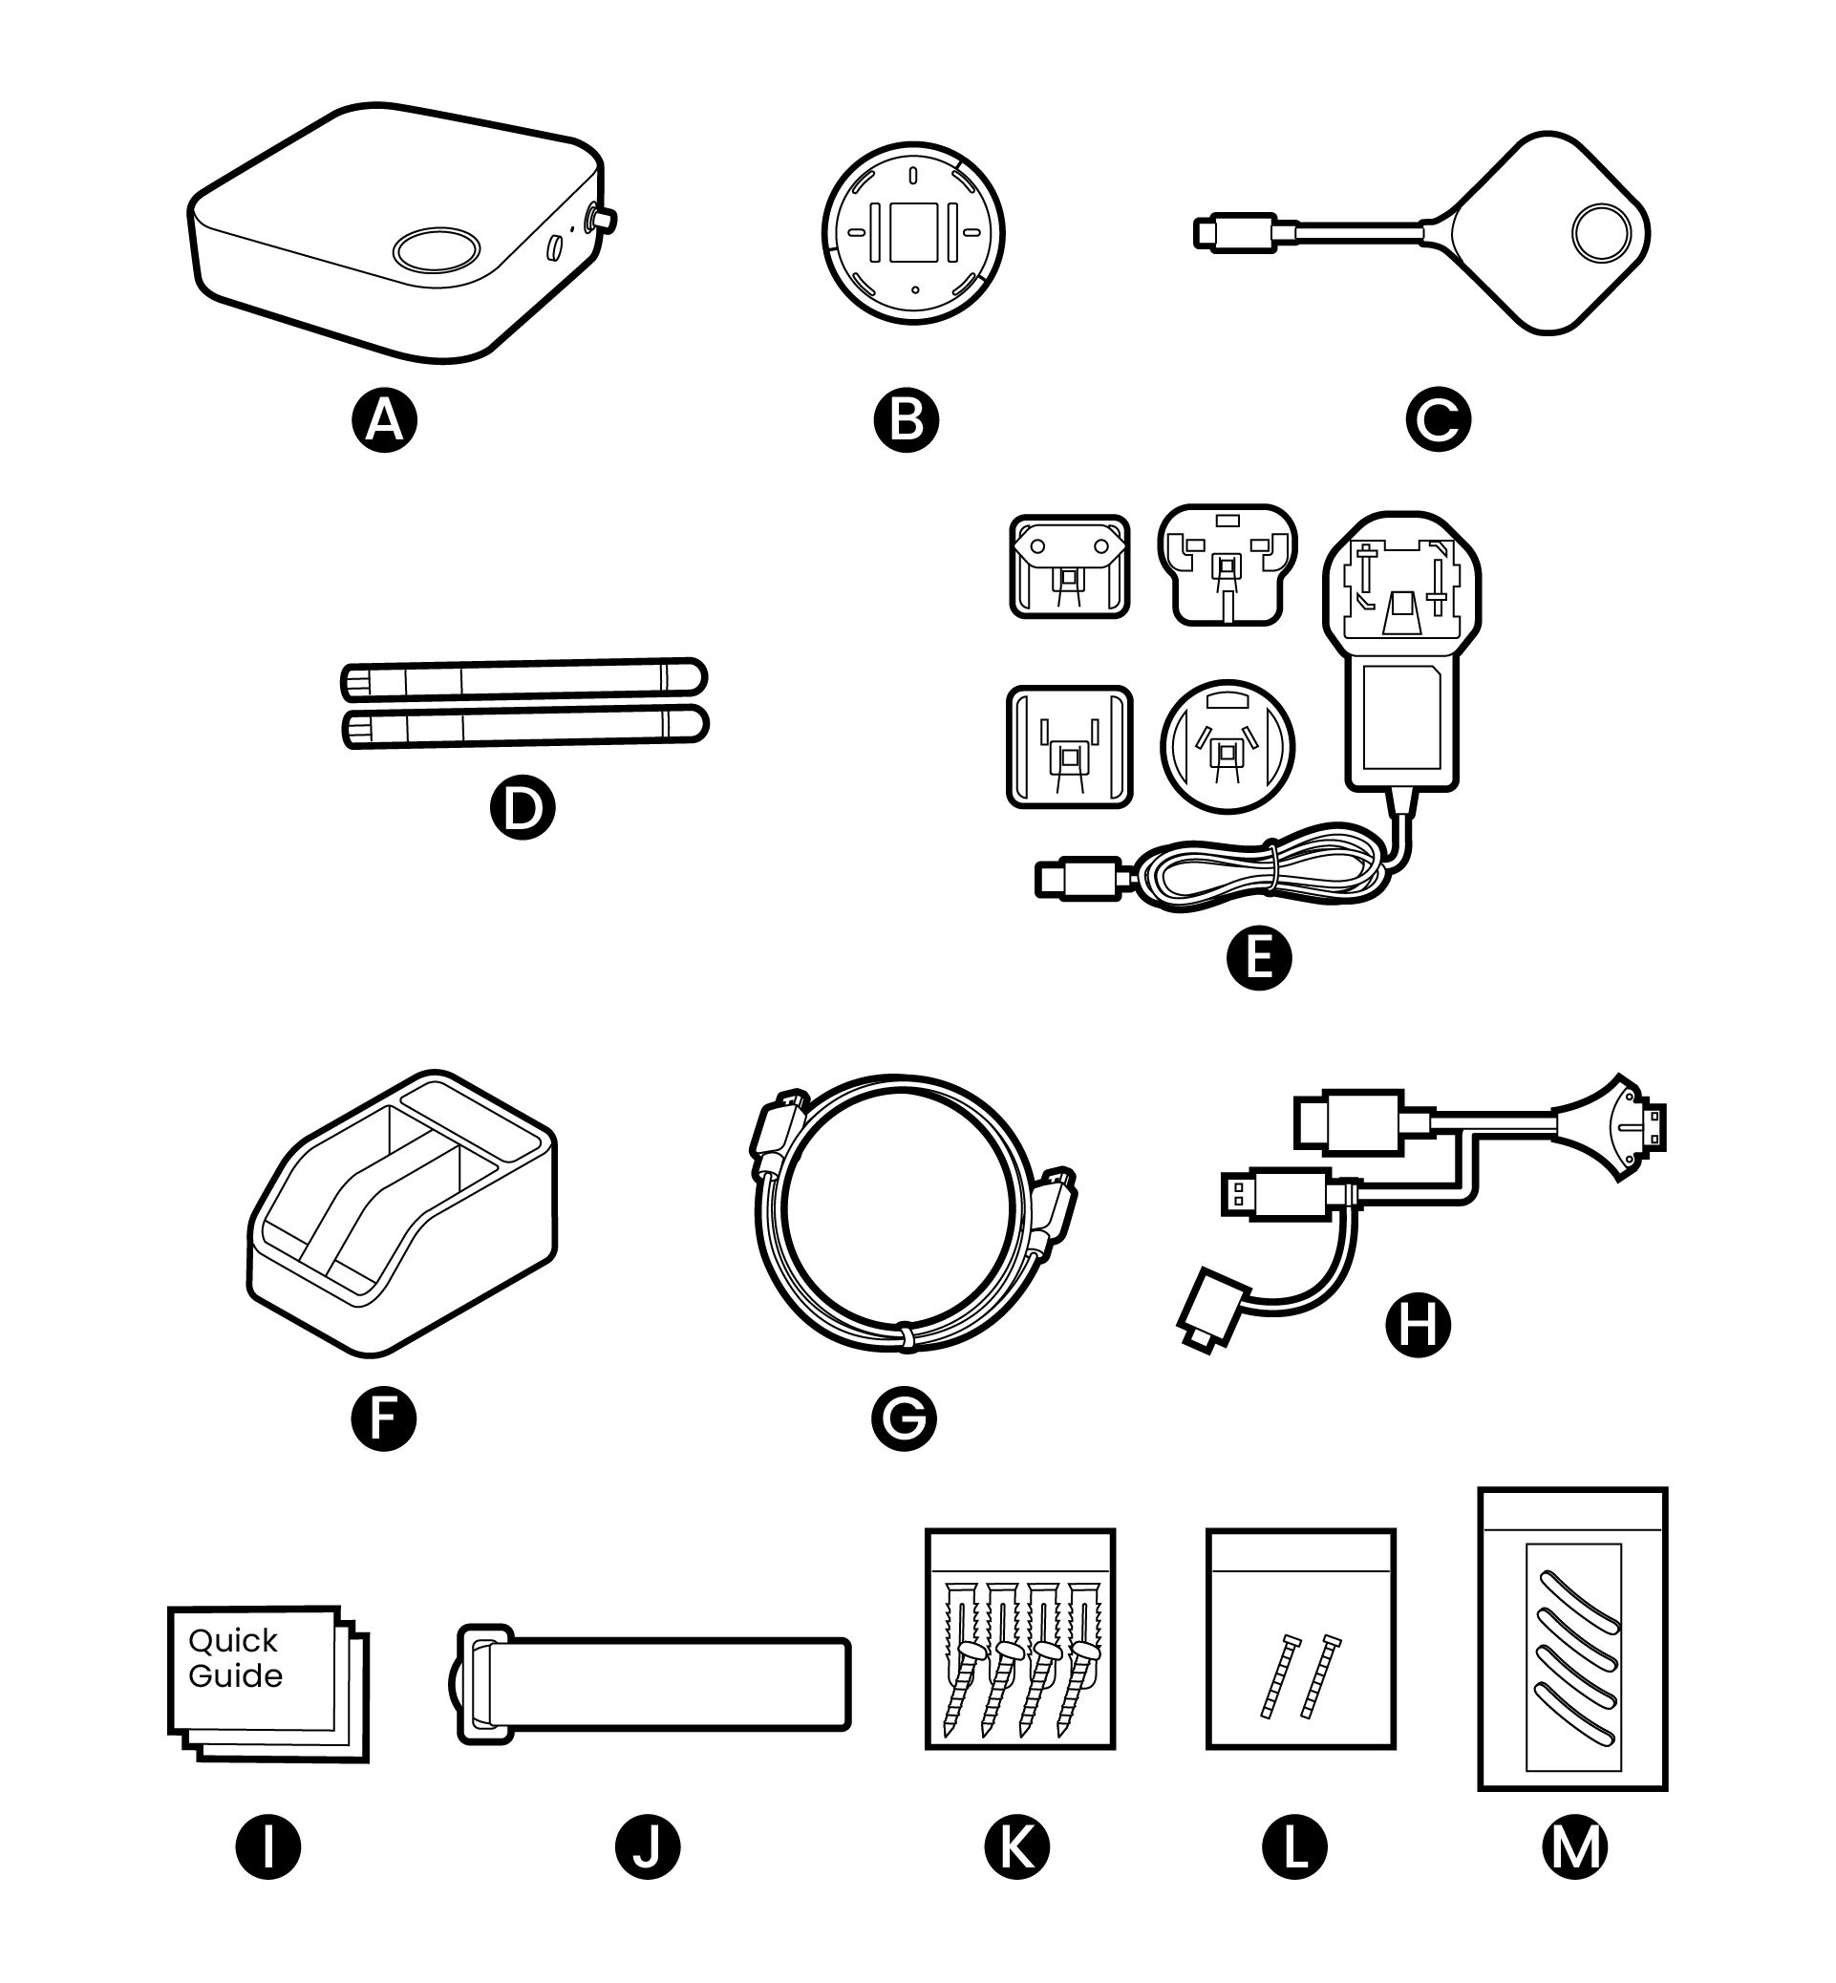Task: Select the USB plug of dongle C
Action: click(x=1234, y=231)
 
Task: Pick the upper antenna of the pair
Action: click(x=523, y=679)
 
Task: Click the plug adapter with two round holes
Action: click(x=1069, y=566)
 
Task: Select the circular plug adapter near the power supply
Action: click(x=1228, y=746)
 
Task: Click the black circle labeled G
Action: click(x=904, y=1418)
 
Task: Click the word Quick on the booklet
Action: click(x=232, y=1640)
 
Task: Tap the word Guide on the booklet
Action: click(x=235, y=1676)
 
